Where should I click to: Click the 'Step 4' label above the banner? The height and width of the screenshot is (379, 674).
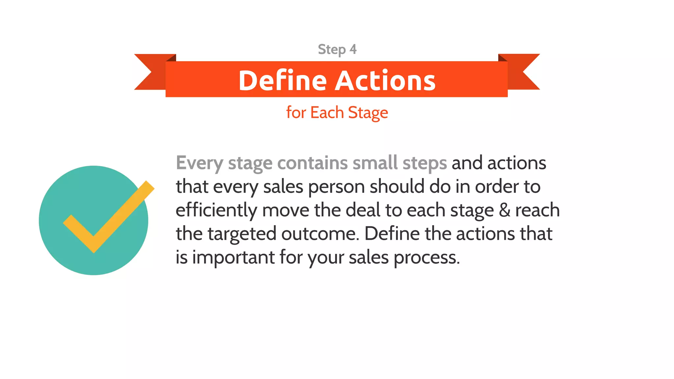pos(337,50)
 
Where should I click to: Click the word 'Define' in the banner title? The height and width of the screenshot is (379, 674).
pos(282,81)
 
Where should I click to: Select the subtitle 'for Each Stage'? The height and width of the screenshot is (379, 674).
pos(337,113)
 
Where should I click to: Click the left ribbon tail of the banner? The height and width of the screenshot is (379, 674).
pos(150,72)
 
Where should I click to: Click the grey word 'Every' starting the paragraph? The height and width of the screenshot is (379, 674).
pos(199,163)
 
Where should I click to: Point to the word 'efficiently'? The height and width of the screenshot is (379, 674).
pos(216,211)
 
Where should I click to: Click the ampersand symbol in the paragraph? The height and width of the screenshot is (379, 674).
pos(505,211)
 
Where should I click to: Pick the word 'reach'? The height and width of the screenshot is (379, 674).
pos(537,211)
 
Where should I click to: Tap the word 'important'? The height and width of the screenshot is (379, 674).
pos(233,258)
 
